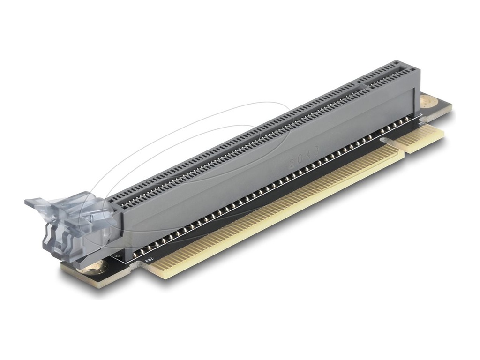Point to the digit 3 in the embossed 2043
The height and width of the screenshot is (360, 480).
click(x=316, y=150)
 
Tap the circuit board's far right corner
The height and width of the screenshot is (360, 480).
click(x=451, y=107)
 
